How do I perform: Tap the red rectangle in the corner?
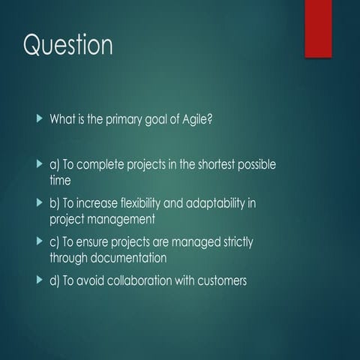328,28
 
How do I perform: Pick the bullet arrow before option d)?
40,280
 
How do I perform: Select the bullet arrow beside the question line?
40,118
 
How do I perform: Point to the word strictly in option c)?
253,242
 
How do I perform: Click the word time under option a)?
61,181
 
